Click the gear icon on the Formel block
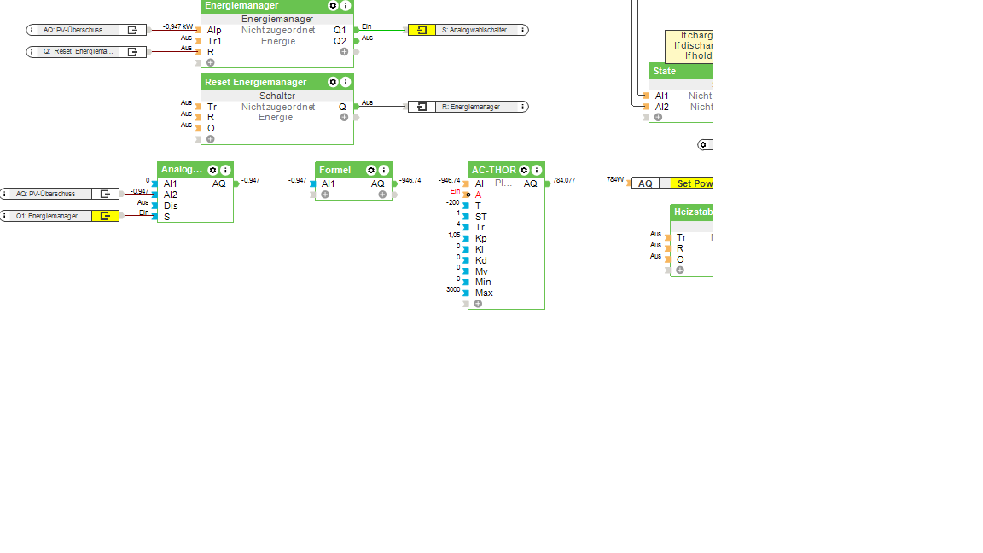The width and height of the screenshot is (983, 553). [371, 170]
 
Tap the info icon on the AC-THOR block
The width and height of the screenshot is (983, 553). [537, 170]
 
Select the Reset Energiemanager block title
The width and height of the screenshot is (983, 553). [256, 82]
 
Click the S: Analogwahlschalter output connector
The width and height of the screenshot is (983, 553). [468, 30]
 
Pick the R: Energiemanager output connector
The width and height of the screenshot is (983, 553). [468, 107]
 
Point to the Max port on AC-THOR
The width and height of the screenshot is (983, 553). [484, 293]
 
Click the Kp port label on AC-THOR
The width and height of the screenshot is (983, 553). [481, 238]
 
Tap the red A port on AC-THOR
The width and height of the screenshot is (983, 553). [479, 195]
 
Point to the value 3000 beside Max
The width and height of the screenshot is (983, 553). [453, 289]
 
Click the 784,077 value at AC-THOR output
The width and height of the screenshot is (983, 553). [564, 180]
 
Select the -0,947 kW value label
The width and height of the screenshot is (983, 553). [177, 26]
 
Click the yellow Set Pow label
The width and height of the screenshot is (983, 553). [694, 183]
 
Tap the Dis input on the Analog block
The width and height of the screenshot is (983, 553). [171, 206]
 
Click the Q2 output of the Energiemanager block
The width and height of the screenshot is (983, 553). [340, 41]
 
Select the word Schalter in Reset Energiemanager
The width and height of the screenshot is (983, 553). [277, 96]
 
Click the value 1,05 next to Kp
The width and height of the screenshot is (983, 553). [454, 235]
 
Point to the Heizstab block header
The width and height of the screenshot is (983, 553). [692, 212]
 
